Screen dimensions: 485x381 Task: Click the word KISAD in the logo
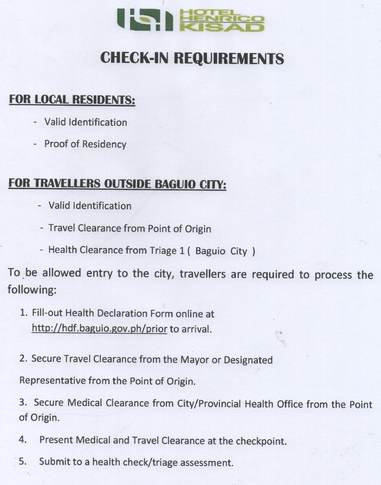pos(222,27)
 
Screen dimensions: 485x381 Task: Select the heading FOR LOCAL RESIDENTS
pos(72,99)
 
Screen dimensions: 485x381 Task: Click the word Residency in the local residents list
pos(104,144)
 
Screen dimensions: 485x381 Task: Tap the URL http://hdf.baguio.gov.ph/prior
pos(99,329)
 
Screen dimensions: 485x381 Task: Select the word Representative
pos(52,380)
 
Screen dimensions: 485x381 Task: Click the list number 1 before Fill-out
pos(23,313)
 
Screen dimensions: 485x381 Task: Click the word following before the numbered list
pos(32,290)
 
